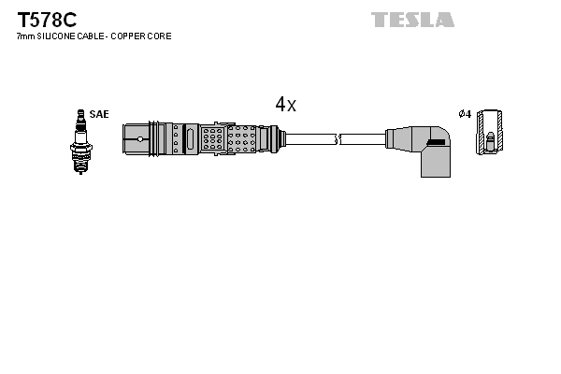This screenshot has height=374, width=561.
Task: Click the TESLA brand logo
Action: [x=412, y=20]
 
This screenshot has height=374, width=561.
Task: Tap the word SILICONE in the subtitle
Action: [x=59, y=36]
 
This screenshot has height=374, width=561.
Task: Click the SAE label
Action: [x=100, y=114]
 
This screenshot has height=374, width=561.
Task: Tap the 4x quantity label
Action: [x=285, y=106]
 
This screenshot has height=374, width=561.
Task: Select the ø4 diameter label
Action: [x=464, y=114]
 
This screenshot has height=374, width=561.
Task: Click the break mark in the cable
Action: [x=338, y=139]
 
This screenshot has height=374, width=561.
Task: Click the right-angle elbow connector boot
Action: [x=420, y=145]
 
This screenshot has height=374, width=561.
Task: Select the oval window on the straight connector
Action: [x=190, y=139]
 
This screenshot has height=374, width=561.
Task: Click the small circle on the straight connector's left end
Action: [x=139, y=139]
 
